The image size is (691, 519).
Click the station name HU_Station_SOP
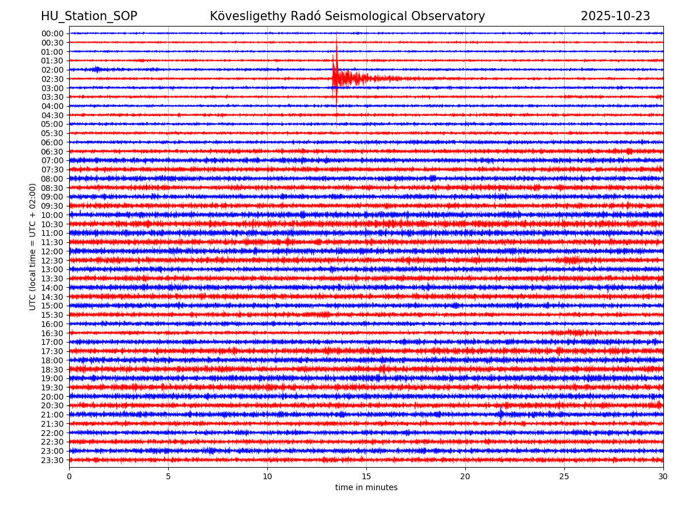[x=89, y=16]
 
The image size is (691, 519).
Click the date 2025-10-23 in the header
[x=615, y=16]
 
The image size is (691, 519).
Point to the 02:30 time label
[x=52, y=79]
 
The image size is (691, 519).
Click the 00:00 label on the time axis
[x=52, y=33]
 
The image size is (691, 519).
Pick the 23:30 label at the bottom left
[x=52, y=460]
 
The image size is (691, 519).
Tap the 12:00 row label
[x=52, y=251]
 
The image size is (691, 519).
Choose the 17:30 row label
[x=52, y=351]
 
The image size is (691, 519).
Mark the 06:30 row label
[x=52, y=152]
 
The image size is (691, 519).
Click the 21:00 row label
[x=52, y=415]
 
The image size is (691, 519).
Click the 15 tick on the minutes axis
[x=366, y=476]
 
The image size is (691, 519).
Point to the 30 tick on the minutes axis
[x=663, y=476]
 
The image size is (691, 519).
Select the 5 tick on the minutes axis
[x=168, y=476]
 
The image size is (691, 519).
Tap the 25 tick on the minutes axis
[x=564, y=476]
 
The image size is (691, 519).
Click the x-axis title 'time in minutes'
[x=366, y=488]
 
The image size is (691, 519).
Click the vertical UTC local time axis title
[x=33, y=247]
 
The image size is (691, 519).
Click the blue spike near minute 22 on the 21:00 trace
[x=500, y=413]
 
